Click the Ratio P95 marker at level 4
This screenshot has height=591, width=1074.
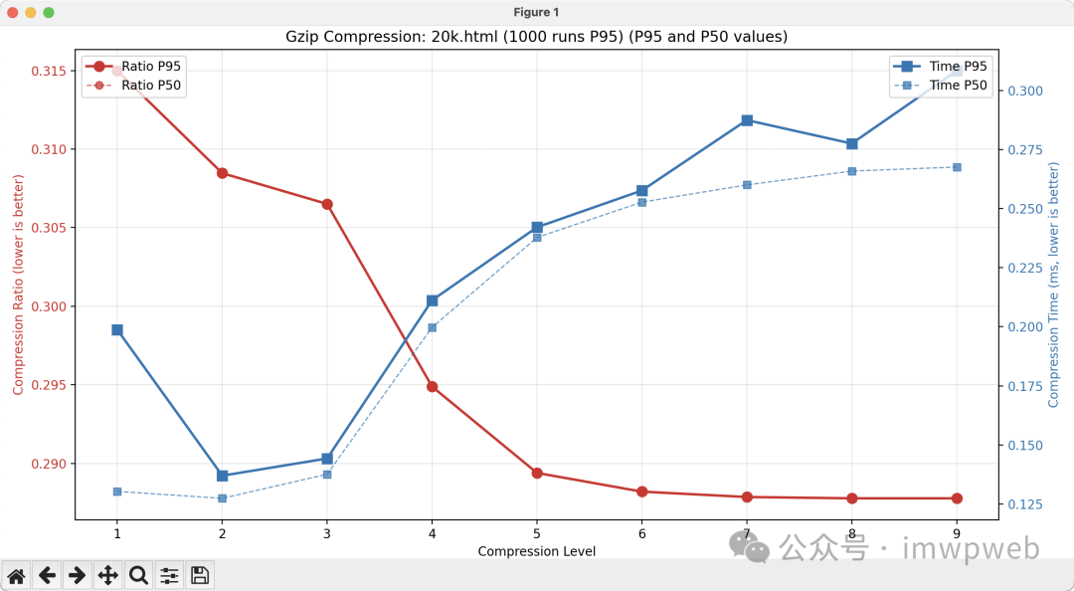[x=432, y=386]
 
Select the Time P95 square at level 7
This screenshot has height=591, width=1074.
[x=747, y=120]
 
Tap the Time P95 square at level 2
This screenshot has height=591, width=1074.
[x=222, y=476]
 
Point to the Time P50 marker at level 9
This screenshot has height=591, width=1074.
[x=957, y=167]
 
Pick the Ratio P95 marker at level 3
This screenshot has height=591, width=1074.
[x=327, y=204]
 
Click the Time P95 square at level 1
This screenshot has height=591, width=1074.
[x=117, y=329]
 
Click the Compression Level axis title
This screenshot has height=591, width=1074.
[x=536, y=551]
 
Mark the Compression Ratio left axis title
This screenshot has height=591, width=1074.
[x=18, y=284]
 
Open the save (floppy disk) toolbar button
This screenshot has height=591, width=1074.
[x=199, y=575]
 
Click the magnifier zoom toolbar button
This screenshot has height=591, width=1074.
[x=138, y=575]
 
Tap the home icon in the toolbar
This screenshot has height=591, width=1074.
[x=16, y=575]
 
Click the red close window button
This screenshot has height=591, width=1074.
[x=13, y=12]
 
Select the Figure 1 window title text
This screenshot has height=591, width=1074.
[x=536, y=12]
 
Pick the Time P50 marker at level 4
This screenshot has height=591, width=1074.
[x=432, y=327]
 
